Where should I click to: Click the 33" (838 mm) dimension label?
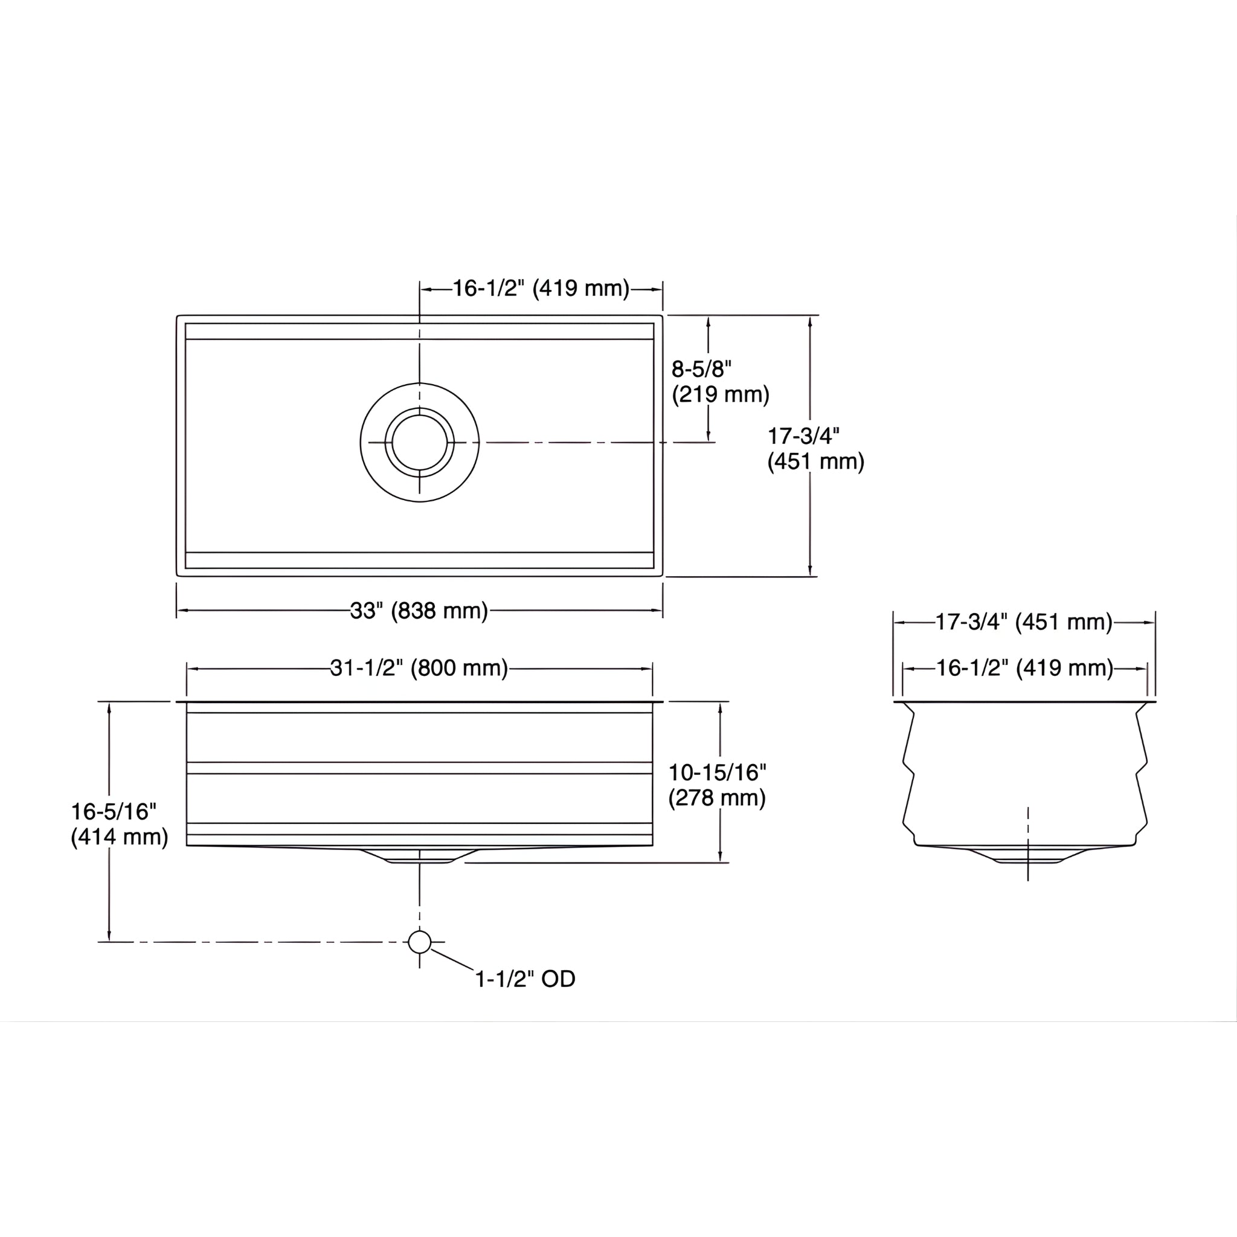click(419, 611)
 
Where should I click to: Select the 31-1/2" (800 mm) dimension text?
click(419, 669)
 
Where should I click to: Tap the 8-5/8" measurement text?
click(701, 370)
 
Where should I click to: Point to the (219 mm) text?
click(721, 394)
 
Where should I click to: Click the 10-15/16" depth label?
click(717, 773)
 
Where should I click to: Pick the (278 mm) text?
click(717, 798)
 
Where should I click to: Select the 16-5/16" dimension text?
click(114, 812)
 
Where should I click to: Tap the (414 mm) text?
click(119, 837)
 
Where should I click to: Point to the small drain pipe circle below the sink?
click(419, 942)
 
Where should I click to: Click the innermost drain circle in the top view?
click(419, 442)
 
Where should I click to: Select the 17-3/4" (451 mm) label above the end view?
click(1024, 622)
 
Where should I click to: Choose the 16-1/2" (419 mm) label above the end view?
click(1024, 669)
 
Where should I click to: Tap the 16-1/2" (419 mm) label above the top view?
click(541, 289)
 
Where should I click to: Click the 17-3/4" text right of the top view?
click(803, 436)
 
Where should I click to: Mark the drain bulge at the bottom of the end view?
click(1027, 855)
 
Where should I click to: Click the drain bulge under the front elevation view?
click(419, 855)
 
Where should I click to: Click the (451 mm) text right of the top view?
click(815, 461)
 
